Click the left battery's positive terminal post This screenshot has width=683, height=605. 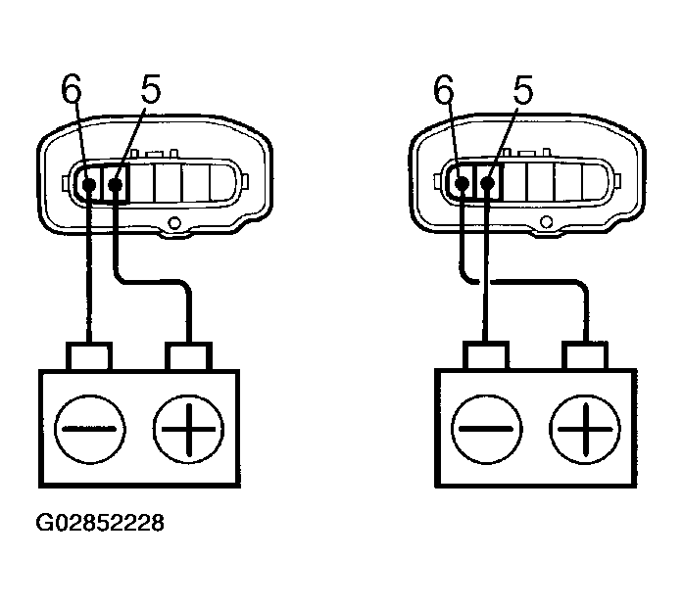(189, 354)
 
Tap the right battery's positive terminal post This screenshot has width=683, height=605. (584, 354)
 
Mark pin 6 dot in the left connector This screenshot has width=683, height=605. (89, 183)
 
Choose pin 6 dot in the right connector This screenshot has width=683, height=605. (462, 183)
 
